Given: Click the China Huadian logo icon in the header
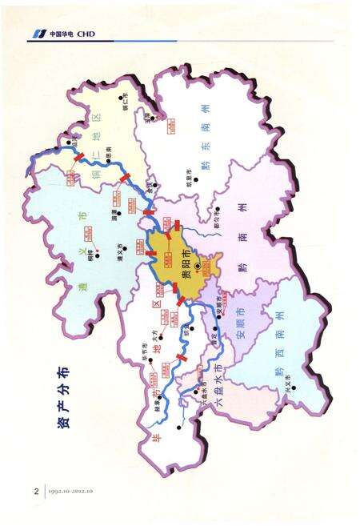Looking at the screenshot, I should pos(38,34).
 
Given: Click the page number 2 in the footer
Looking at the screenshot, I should pos(35,489).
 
